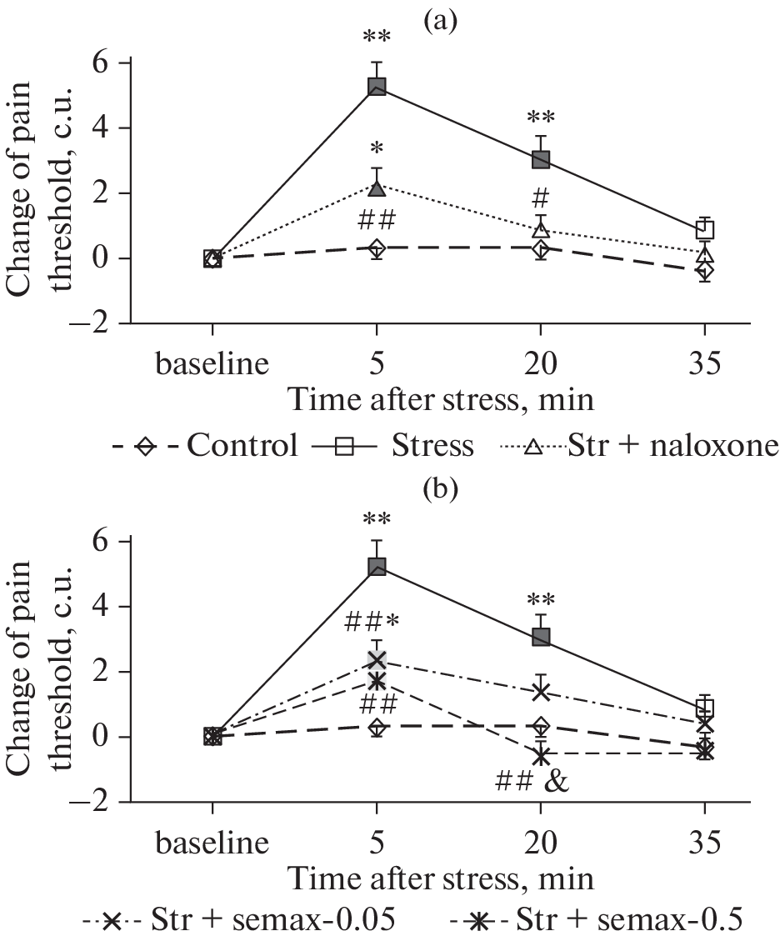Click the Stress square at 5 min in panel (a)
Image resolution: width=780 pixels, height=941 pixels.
tap(377, 87)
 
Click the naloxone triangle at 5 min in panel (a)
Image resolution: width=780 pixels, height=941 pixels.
tap(377, 189)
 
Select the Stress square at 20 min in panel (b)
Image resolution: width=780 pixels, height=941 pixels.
tap(541, 638)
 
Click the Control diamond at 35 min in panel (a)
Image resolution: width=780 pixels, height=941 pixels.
tap(705, 270)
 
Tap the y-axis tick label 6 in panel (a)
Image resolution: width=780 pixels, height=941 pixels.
tap(103, 63)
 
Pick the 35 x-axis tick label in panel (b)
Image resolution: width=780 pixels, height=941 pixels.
tap(705, 844)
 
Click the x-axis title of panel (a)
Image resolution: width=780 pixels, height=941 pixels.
tap(442, 400)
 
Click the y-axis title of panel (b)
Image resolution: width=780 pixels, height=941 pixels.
tap(37, 667)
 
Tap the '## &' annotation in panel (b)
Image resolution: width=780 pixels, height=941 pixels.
tap(531, 782)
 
